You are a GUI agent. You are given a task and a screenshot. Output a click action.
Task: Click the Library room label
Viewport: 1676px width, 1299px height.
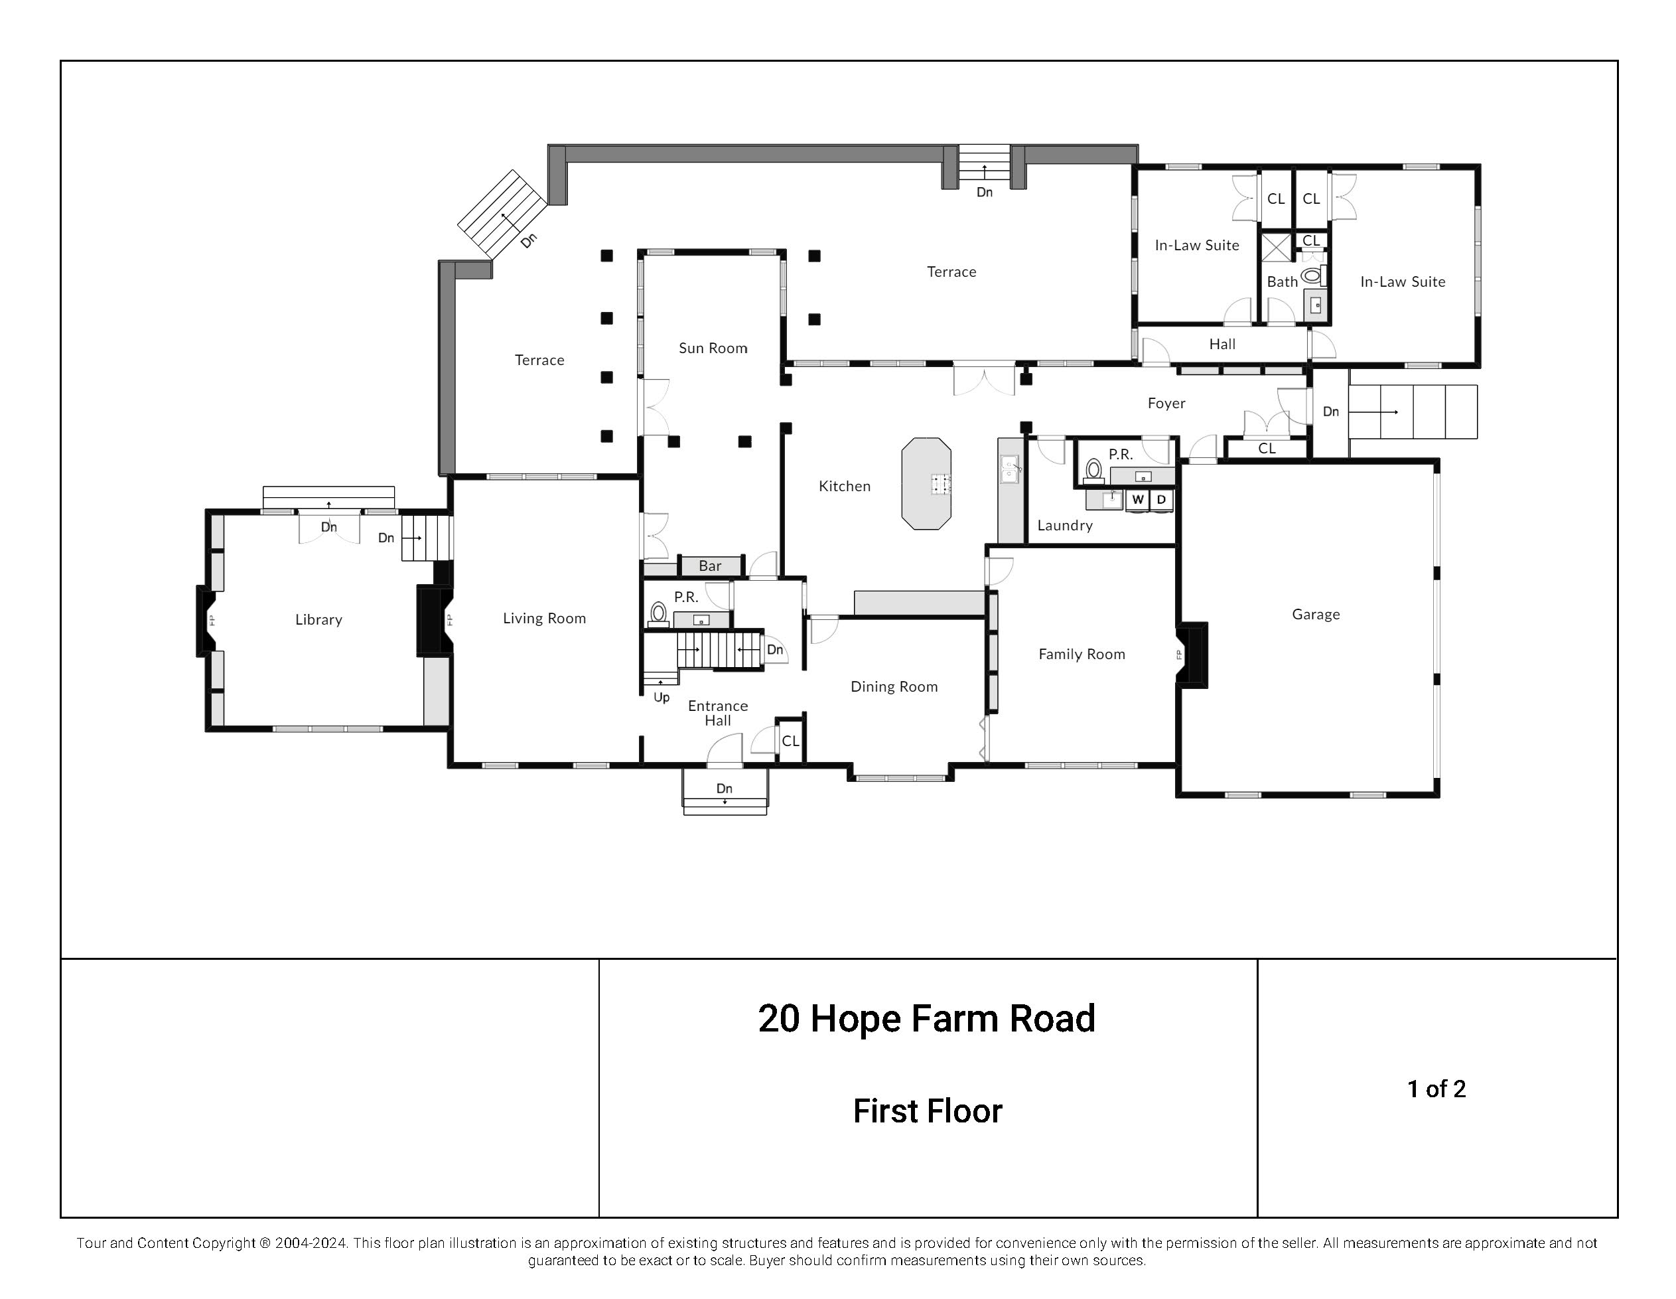coord(318,619)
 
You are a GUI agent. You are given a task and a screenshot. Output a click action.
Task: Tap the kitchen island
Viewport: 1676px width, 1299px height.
coord(926,484)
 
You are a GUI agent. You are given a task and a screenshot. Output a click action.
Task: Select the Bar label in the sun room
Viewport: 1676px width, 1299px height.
coord(710,566)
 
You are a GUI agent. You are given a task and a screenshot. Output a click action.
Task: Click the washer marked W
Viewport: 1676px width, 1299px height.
coord(1138,500)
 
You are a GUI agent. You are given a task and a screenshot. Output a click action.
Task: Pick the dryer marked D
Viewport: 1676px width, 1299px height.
coord(1161,500)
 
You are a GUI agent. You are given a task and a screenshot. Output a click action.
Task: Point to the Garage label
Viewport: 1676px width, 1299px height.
coord(1315,614)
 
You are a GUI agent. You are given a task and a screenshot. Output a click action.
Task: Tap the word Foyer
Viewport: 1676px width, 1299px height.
coord(1166,403)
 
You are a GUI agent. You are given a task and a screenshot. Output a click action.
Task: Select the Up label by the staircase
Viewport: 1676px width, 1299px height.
coord(662,697)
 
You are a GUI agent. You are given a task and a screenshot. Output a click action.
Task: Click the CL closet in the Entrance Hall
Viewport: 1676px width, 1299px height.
coord(790,741)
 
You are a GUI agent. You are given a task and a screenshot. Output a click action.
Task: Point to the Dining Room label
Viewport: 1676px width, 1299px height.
coord(894,686)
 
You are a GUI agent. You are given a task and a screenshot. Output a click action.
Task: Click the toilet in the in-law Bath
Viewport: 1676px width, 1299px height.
coord(1312,275)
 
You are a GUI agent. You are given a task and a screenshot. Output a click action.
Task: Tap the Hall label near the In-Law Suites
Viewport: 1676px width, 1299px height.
coord(1222,344)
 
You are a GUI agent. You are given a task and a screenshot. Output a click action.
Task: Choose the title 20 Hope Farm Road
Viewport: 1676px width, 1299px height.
coord(926,1019)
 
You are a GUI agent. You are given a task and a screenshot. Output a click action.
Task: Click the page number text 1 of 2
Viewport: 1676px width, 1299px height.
coord(1436,1089)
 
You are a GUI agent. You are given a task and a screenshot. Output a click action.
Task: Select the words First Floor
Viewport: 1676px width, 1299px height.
coord(927,1111)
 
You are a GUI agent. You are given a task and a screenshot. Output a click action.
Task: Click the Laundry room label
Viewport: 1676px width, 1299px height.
coord(1064,525)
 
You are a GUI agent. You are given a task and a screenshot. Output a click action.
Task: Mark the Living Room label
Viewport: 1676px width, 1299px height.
coord(544,618)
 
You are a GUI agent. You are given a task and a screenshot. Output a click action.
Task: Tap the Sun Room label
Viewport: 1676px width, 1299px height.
coord(713,348)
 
